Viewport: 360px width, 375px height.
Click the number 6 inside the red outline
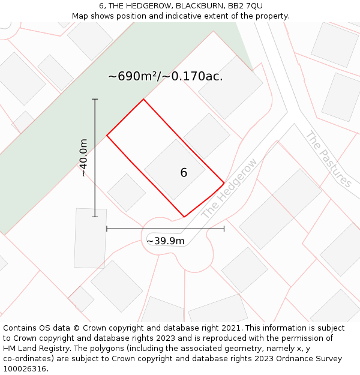184,173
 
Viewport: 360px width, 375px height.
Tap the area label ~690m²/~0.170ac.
166,76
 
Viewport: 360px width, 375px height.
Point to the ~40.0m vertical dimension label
84,158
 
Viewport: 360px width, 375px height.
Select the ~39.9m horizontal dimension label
166,241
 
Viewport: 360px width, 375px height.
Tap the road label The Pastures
328,159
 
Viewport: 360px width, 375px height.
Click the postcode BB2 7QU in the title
245,6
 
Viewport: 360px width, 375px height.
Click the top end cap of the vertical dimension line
95,99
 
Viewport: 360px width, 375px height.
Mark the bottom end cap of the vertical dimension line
95,217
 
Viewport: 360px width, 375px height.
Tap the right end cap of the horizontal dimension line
224,229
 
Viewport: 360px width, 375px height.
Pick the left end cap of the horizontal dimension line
107,229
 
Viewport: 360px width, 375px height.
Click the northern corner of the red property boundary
143,99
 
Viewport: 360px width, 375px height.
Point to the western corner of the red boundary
107,136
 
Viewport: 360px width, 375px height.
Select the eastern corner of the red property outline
224,183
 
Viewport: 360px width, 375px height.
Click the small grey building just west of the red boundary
127,193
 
